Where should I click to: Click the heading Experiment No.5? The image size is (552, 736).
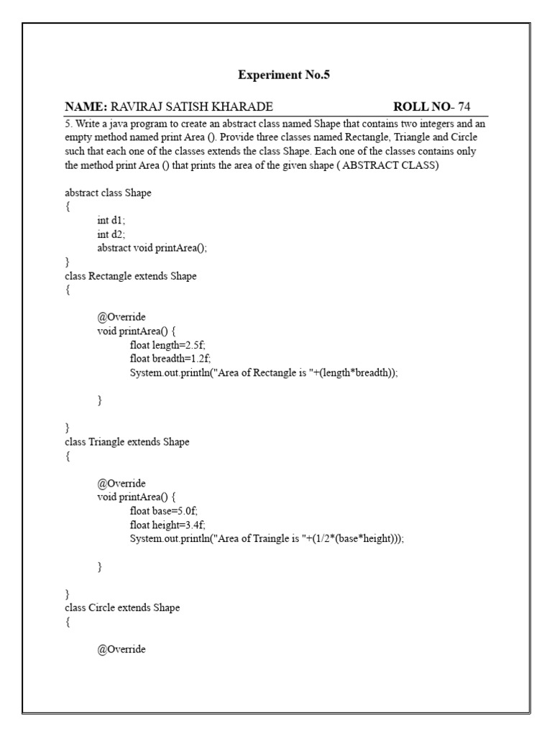pyautogui.click(x=283, y=75)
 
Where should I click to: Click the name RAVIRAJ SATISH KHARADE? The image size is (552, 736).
pyautogui.click(x=191, y=107)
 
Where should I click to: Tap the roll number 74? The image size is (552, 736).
pyautogui.click(x=464, y=107)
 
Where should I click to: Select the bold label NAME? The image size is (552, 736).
pyautogui.click(x=86, y=107)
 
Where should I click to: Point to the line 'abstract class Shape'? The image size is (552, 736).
pyautogui.click(x=108, y=193)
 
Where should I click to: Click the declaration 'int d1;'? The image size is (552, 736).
pyautogui.click(x=111, y=221)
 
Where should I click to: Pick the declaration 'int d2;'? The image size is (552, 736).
pyautogui.click(x=111, y=234)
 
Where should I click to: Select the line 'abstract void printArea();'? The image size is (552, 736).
pyautogui.click(x=157, y=248)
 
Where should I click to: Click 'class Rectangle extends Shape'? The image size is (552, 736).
pyautogui.click(x=130, y=276)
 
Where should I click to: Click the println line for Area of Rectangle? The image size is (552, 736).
pyautogui.click(x=263, y=372)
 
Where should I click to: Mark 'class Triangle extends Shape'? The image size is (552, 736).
pyautogui.click(x=127, y=442)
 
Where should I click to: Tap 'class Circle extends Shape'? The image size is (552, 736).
pyautogui.click(x=122, y=608)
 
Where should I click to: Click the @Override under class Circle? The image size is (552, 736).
pyautogui.click(x=121, y=650)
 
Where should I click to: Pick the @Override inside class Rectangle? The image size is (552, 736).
pyautogui.click(x=121, y=317)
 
